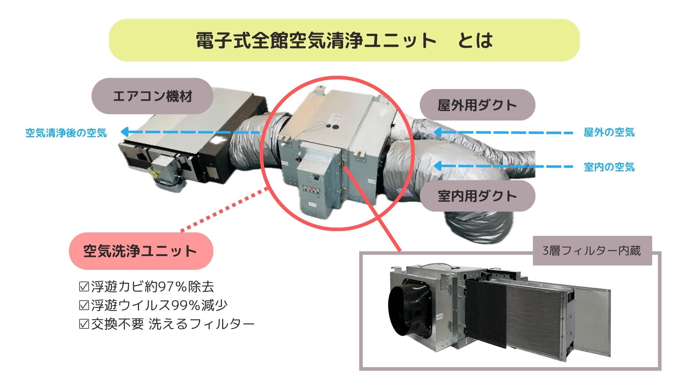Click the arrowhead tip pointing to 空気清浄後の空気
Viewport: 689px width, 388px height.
click(121, 132)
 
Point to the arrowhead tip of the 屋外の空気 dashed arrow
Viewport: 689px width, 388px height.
click(433, 133)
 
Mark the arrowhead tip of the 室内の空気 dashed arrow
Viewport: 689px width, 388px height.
click(433, 166)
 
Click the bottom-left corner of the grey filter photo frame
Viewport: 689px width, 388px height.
click(360, 370)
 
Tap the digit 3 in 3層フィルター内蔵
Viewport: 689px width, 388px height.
click(546, 251)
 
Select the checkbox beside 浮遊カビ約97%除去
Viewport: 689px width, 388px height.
click(84, 287)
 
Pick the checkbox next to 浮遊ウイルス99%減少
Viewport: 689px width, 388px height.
click(84, 305)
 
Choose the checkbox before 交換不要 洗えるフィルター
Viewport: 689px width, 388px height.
click(84, 324)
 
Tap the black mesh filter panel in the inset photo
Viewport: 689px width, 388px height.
click(486, 314)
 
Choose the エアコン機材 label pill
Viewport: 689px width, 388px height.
click(153, 96)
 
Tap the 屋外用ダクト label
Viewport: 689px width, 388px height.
click(477, 105)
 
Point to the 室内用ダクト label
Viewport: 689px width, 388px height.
click(477, 196)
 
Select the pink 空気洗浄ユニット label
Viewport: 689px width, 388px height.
click(141, 251)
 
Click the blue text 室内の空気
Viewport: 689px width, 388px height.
click(609, 167)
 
